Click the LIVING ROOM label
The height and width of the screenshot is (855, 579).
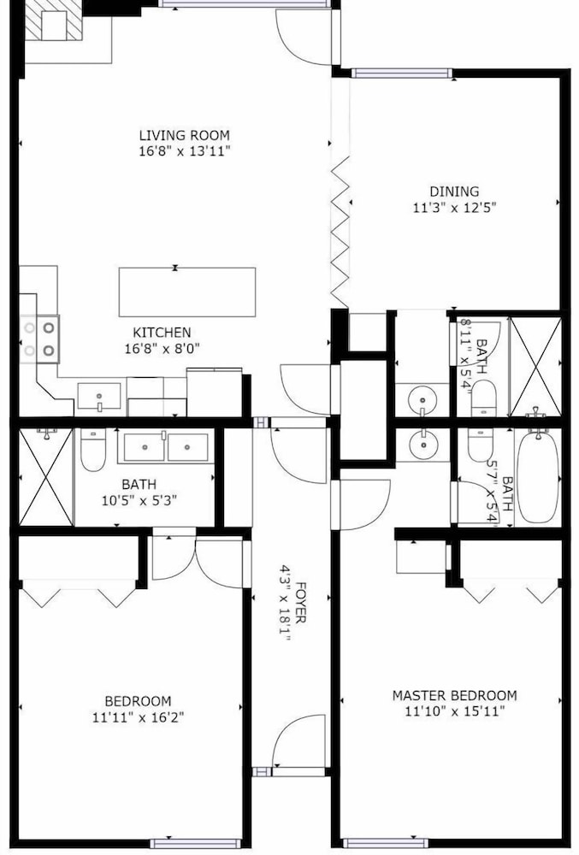[184, 135]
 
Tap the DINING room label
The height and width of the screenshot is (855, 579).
[454, 192]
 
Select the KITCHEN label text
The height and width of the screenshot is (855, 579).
[162, 332]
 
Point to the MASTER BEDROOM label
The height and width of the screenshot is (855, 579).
[455, 695]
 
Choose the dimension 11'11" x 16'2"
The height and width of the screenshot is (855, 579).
[138, 716]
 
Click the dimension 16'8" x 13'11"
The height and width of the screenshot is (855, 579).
[184, 150]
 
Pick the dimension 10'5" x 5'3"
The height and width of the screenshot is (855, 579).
[139, 500]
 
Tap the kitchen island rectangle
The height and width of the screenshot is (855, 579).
[187, 292]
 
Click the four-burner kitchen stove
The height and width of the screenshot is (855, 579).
[39, 339]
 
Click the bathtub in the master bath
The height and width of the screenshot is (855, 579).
[538, 477]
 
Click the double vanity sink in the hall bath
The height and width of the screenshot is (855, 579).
[166, 447]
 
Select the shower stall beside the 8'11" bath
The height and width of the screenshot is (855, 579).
[535, 367]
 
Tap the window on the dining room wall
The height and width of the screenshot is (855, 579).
[402, 73]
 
